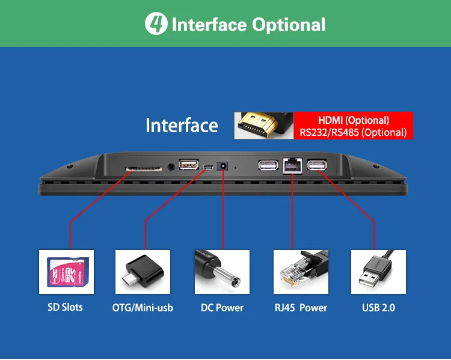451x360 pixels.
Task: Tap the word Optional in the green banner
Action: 289,25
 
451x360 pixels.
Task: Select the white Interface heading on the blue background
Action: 182,126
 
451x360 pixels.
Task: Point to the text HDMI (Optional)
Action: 354,120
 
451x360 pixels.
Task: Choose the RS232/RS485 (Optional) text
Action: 354,132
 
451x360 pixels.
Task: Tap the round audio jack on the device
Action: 173,165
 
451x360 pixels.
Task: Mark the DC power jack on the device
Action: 224,166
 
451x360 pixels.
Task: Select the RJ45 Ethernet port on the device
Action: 292,165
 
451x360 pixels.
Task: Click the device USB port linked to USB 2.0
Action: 317,165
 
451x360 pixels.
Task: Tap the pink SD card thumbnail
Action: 65,272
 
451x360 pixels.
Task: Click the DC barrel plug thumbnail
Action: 222,272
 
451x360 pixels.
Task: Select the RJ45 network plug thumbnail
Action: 301,272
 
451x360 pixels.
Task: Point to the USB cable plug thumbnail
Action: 378,272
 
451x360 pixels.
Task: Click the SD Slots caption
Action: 65,308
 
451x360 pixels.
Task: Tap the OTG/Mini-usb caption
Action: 143,308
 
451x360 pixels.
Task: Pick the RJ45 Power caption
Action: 301,308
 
